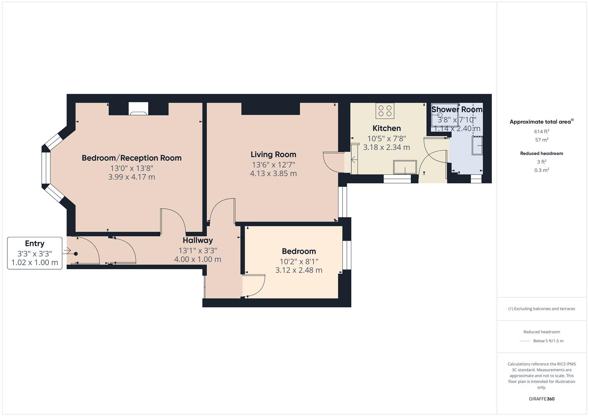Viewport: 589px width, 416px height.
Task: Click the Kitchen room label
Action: point(386,128)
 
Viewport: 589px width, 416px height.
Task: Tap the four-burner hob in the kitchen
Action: point(385,111)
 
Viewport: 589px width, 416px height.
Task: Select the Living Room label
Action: point(273,154)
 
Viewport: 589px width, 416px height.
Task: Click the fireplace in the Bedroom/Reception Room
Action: point(138,109)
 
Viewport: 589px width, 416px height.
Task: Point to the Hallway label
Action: point(198,240)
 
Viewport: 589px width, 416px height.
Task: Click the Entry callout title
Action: point(35,243)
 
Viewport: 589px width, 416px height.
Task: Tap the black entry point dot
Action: point(76,254)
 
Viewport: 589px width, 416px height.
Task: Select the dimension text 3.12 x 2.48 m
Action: point(299,270)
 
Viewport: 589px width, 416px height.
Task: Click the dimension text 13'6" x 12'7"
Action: point(273,165)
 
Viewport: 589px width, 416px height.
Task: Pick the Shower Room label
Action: point(457,109)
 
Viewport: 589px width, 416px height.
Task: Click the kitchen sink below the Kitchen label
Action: point(405,167)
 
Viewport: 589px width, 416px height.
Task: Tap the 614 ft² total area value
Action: point(542,131)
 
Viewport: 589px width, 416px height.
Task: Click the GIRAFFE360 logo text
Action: point(542,399)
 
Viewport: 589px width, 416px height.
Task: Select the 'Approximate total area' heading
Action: point(542,122)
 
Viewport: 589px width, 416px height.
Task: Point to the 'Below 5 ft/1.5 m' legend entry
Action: point(548,341)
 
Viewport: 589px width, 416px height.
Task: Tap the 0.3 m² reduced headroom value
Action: point(542,170)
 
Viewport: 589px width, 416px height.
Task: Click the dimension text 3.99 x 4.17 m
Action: point(132,177)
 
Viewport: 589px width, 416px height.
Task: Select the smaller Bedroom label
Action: point(299,251)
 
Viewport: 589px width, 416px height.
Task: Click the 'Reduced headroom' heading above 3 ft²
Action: point(542,153)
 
